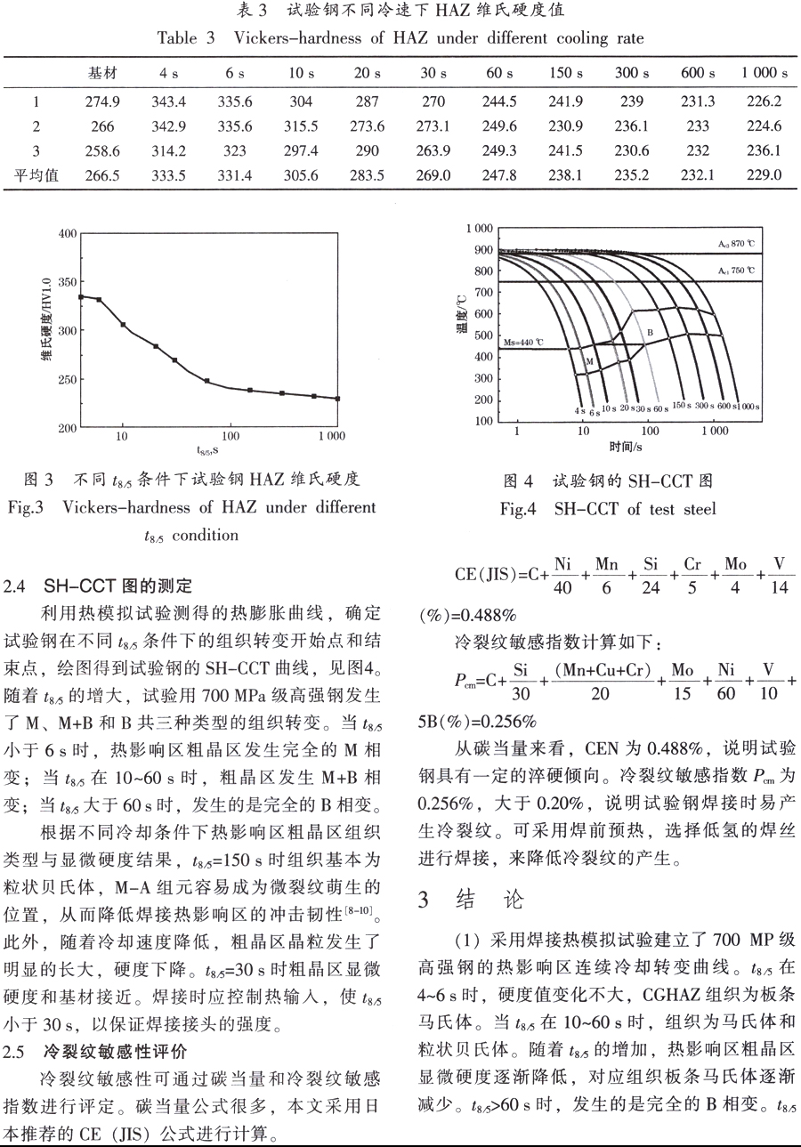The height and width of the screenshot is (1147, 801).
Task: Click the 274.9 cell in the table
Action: (102, 101)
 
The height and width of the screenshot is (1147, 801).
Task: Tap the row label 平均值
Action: (39, 175)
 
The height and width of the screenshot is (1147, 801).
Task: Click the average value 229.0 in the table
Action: (764, 175)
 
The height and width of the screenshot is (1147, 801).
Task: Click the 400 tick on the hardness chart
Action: (67, 233)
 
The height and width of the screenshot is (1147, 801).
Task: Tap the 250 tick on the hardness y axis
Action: (67, 379)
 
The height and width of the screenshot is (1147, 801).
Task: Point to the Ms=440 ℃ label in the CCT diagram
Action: (523, 341)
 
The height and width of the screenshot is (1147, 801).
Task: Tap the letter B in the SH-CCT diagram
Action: (650, 332)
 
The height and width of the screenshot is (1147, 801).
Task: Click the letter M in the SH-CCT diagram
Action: (588, 360)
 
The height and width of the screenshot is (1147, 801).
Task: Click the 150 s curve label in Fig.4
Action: (683, 406)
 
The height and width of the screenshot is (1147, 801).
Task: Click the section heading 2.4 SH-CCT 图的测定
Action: (98, 586)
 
